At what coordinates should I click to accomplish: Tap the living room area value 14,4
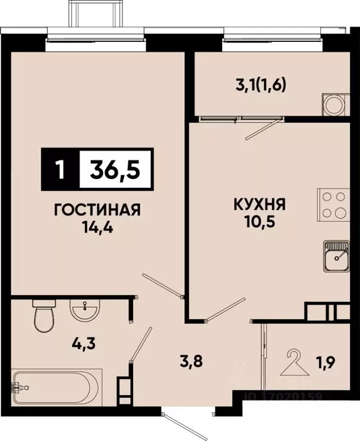[x=97, y=225]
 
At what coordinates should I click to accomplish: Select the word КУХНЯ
[x=260, y=204]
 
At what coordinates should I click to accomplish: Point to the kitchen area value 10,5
[x=260, y=221]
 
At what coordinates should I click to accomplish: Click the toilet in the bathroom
[x=44, y=315]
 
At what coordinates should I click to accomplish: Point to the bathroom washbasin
[x=85, y=311]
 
